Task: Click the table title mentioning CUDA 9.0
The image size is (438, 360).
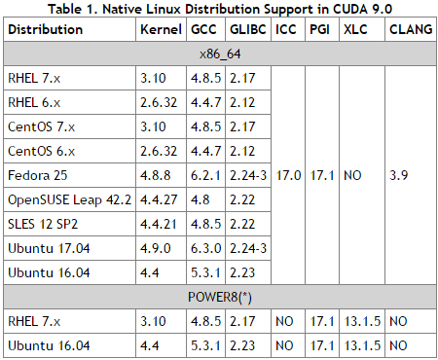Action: (219, 9)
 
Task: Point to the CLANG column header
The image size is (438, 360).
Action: (410, 30)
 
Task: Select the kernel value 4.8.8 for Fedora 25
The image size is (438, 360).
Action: (156, 177)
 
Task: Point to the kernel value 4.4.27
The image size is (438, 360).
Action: (159, 200)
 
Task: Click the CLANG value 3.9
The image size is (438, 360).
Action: (397, 177)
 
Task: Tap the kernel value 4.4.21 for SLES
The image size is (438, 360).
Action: (159, 225)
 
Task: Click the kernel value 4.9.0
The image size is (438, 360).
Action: (156, 248)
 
